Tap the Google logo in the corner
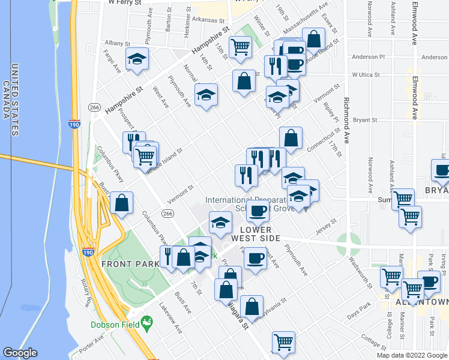pos(20,353)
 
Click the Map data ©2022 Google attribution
pos(412,355)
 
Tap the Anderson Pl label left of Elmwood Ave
pos(369,57)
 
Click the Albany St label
pos(117,43)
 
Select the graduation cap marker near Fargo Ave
pos(137,59)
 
